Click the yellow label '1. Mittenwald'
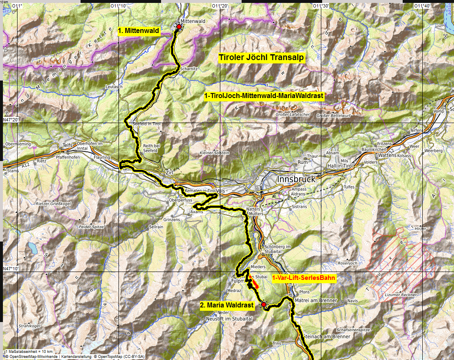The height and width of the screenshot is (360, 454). [139, 31]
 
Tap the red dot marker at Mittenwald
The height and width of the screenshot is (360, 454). [179, 27]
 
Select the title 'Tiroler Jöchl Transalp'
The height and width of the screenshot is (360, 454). [262, 58]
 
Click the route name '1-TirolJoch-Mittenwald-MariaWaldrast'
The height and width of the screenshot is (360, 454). [264, 96]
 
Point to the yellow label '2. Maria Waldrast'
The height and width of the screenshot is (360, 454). [227, 305]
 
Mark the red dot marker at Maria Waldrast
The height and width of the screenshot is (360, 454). [264, 305]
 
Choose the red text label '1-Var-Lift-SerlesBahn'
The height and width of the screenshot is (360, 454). [303, 277]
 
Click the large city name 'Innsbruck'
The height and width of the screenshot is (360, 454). [296, 179]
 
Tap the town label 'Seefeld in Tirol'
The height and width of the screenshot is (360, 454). [146, 124]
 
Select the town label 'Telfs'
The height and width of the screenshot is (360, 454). [68, 144]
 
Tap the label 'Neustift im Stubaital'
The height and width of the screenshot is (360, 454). [230, 318]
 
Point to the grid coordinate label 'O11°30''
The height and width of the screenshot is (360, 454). [320, 6]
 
